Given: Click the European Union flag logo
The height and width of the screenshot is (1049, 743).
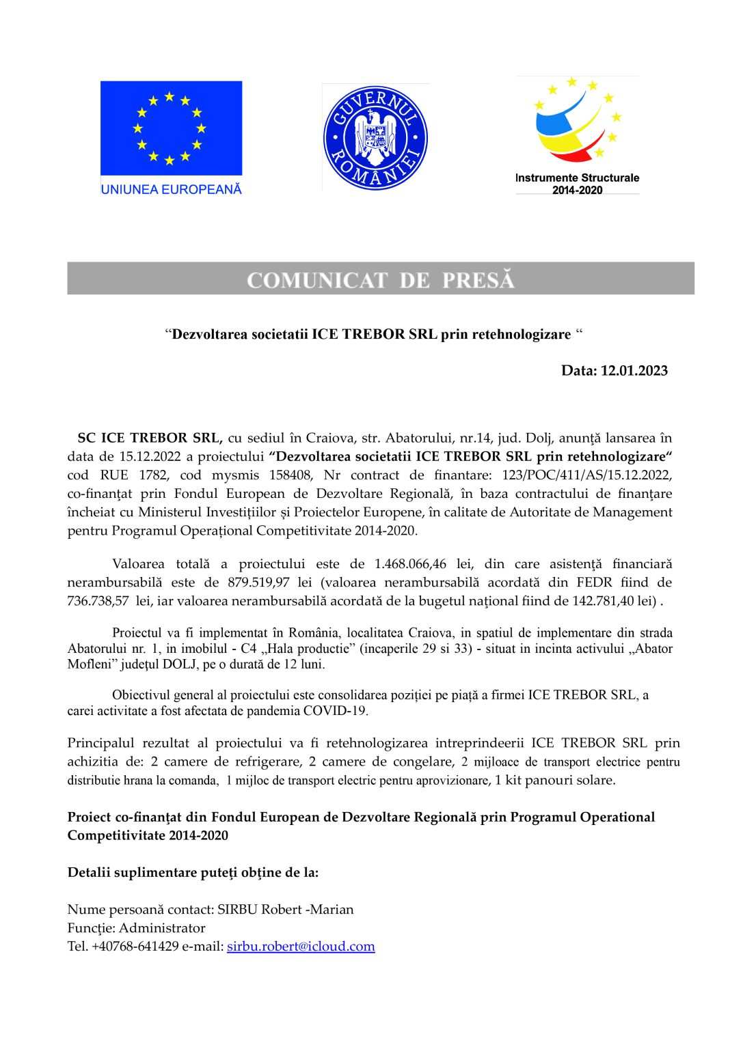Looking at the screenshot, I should pyautogui.click(x=171, y=128).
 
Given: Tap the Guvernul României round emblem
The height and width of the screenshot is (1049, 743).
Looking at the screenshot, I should pyautogui.click(x=375, y=137).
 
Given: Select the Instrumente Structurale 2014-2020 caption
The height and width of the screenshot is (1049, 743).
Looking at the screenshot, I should pyautogui.click(x=577, y=184).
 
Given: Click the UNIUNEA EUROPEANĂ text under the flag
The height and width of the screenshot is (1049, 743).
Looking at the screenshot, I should pyautogui.click(x=171, y=189).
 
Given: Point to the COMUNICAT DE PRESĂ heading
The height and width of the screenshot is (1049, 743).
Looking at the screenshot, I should pyautogui.click(x=380, y=280).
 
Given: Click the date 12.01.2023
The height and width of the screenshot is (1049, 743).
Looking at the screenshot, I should pyautogui.click(x=634, y=371).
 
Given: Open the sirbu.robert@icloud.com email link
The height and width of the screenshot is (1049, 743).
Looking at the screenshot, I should pyautogui.click(x=301, y=947).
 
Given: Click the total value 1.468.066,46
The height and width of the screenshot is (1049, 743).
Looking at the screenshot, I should pyautogui.click(x=410, y=564).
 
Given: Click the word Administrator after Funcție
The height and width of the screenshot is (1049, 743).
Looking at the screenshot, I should pyautogui.click(x=162, y=928).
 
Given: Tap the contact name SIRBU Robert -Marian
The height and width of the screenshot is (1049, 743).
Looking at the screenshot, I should pyautogui.click(x=285, y=910).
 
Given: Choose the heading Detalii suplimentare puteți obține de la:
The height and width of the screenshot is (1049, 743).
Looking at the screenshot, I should pyautogui.click(x=193, y=873).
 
